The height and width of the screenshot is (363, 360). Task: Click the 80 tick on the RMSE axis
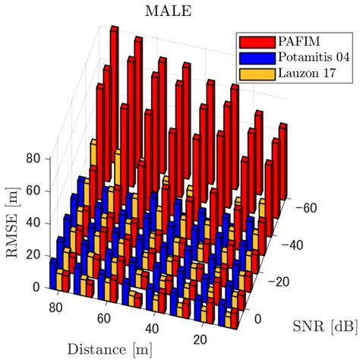(32, 159)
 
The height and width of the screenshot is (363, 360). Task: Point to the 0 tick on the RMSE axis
(36, 287)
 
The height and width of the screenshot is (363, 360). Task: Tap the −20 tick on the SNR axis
(283, 280)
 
